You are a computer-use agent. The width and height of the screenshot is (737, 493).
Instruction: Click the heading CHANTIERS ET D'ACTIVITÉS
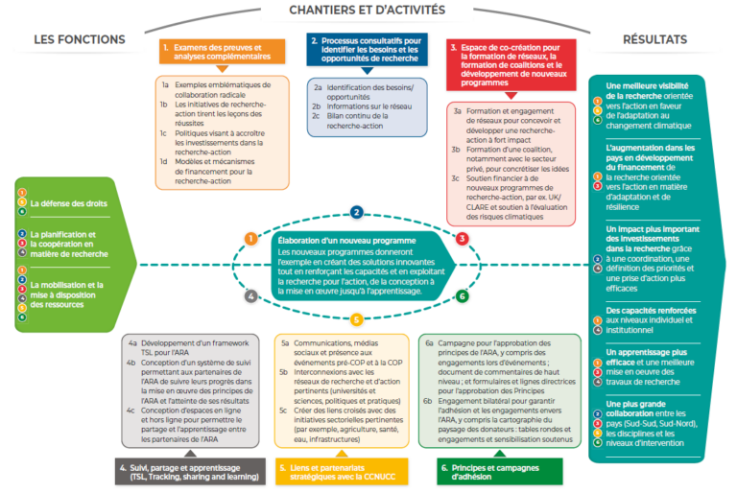tap(368, 10)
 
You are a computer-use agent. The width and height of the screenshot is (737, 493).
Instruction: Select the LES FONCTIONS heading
tap(80, 39)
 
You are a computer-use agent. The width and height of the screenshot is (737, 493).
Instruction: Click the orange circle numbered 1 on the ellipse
tap(250, 238)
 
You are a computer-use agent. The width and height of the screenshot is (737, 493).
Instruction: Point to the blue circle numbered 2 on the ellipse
tap(356, 213)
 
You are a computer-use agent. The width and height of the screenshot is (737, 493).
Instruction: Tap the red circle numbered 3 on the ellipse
tap(462, 238)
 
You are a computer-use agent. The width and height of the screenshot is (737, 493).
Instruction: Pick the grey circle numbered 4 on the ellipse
tap(250, 296)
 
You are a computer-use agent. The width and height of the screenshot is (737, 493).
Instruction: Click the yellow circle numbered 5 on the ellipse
tap(356, 319)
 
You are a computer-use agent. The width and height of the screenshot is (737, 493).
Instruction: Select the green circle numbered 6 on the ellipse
tap(462, 296)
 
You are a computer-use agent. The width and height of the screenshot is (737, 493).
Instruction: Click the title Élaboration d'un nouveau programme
tap(332, 241)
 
